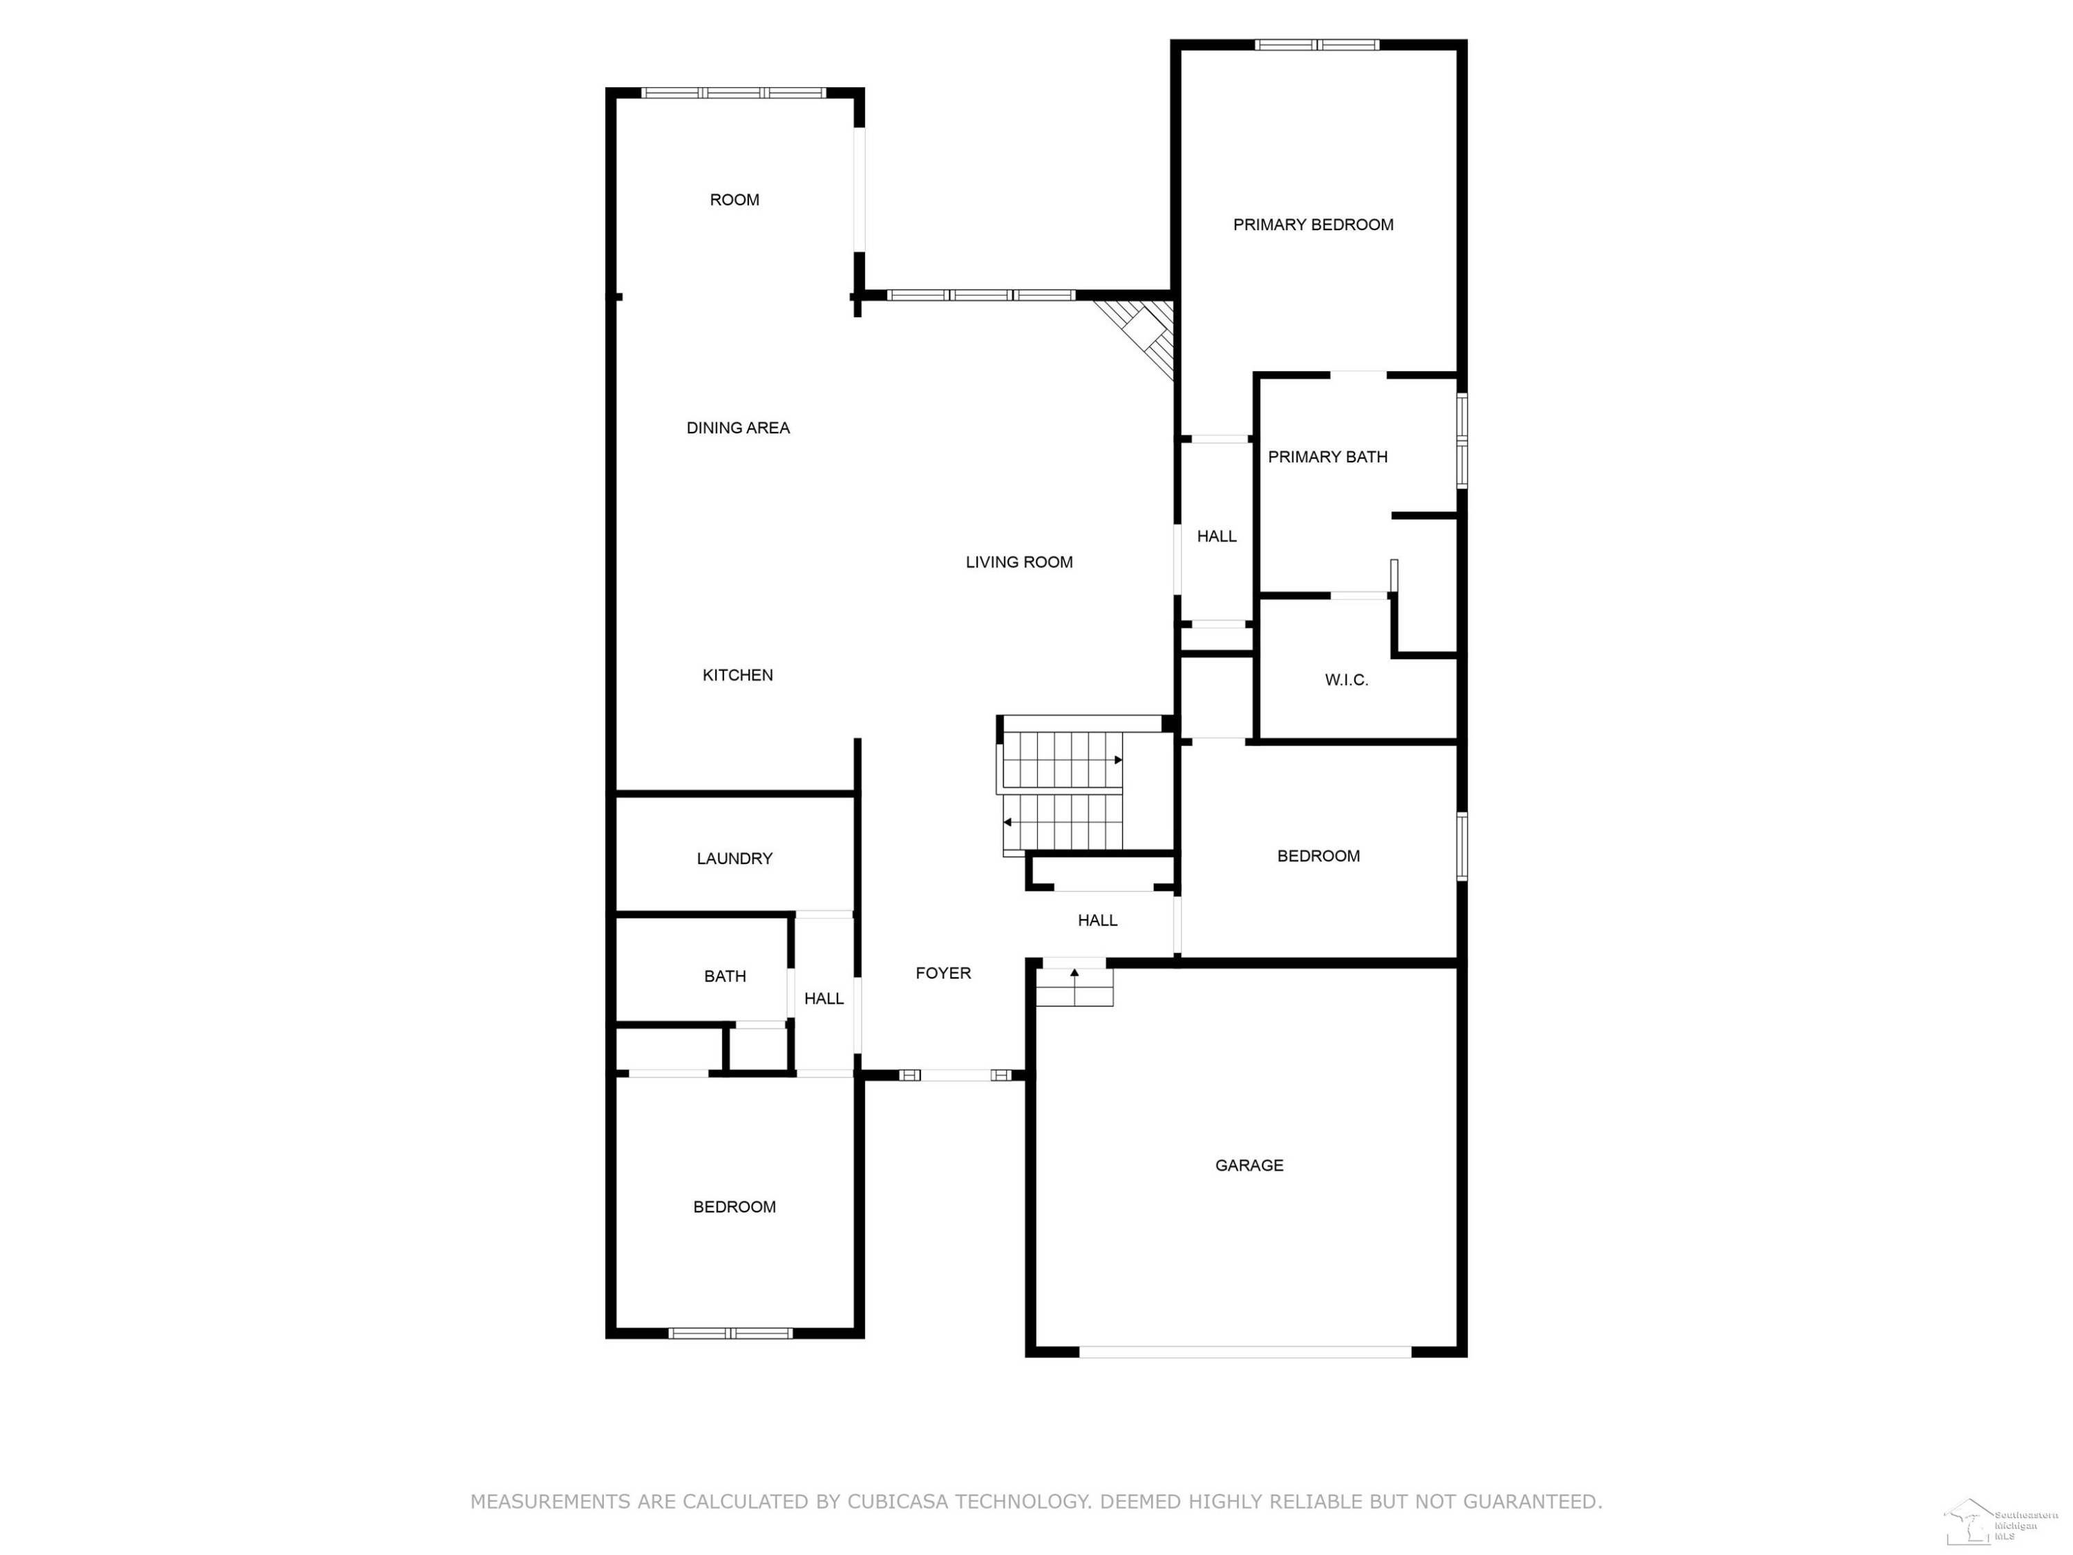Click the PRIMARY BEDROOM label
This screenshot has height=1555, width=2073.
(1313, 225)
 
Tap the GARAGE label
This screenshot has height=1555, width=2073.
(1249, 1165)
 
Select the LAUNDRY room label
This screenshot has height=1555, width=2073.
(735, 858)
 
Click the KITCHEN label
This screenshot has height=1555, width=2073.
(737, 675)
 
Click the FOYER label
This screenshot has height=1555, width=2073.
(943, 974)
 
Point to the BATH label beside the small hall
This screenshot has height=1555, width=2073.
(726, 977)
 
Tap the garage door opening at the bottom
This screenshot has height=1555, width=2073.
(1245, 1352)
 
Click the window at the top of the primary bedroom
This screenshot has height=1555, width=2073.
(1318, 44)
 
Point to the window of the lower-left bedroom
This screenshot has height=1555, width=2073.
(731, 1333)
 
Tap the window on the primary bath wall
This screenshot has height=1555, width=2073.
(1462, 440)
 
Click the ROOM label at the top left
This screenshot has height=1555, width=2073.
(735, 200)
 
